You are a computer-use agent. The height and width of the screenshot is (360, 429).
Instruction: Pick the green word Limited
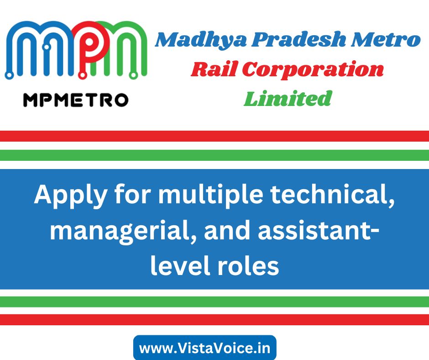click(x=288, y=98)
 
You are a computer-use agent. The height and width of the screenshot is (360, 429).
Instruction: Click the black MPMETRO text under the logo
click(x=76, y=100)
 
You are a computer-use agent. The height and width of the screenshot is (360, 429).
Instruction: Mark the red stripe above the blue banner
click(x=214, y=136)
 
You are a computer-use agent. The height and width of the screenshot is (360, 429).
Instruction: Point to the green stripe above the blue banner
click(x=214, y=155)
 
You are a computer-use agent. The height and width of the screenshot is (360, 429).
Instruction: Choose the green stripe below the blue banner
click(x=214, y=302)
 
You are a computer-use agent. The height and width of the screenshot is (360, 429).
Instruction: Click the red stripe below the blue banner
click(x=214, y=320)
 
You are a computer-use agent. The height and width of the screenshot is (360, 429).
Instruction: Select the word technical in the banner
click(x=333, y=195)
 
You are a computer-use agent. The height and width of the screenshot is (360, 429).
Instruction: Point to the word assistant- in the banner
click(x=319, y=230)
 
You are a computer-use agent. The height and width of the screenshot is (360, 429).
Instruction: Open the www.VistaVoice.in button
click(x=204, y=348)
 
